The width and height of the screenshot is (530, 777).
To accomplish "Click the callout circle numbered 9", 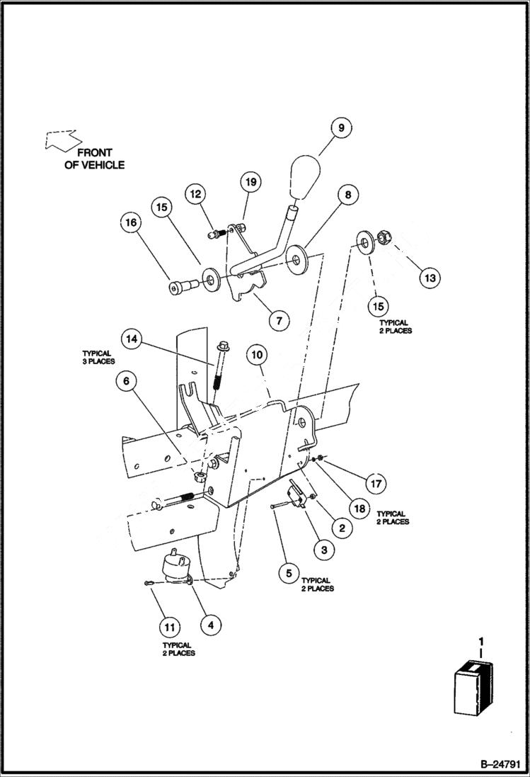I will pyautogui.click(x=340, y=128).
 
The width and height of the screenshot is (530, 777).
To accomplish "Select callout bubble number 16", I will pyautogui.click(x=130, y=222).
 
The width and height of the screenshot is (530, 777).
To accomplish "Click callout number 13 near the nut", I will pyautogui.click(x=429, y=278).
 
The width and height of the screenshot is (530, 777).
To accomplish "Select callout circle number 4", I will pyautogui.click(x=210, y=625).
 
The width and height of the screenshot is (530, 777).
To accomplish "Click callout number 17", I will pyautogui.click(x=375, y=484).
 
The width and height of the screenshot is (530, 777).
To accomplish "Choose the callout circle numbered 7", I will pyautogui.click(x=279, y=320).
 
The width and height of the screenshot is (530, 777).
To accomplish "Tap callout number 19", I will pyautogui.click(x=250, y=182).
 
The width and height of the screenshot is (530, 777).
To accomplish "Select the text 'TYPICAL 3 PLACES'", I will pyautogui.click(x=98, y=357).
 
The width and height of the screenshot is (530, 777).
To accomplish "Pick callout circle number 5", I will pyautogui.click(x=289, y=572).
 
